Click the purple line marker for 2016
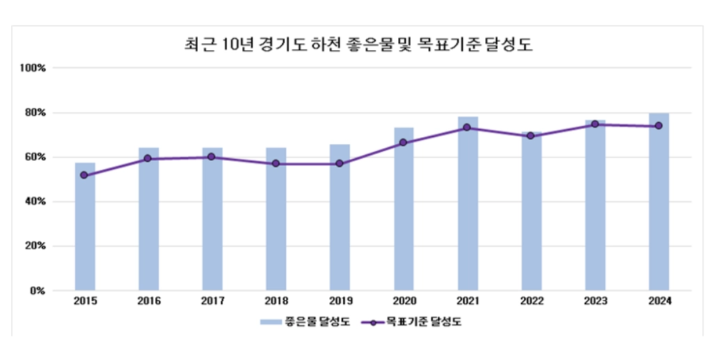(x=148, y=159)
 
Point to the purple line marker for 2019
(x=340, y=164)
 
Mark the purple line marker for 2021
(x=467, y=127)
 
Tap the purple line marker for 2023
(x=595, y=124)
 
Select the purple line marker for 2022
(x=531, y=136)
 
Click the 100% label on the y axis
(x=33, y=68)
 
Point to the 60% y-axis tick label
(x=35, y=157)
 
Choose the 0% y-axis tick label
(x=38, y=290)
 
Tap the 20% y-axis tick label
(x=35, y=246)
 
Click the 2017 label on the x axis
(x=212, y=302)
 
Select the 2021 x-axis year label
(x=467, y=302)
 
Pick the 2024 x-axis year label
(x=659, y=302)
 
